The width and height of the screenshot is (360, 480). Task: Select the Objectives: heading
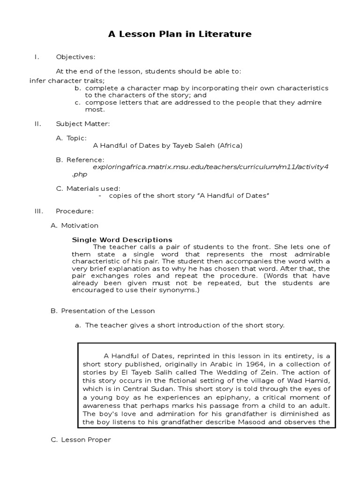point(75,57)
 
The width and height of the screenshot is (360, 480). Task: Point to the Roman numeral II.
point(38,124)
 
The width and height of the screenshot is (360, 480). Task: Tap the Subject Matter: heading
point(83,124)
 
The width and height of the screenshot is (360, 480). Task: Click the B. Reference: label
point(80,160)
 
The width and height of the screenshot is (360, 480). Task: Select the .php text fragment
point(80,174)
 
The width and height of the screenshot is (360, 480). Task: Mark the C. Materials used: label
point(88,188)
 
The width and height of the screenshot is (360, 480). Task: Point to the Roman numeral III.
point(39,211)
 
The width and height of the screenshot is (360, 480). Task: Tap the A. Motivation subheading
point(75,225)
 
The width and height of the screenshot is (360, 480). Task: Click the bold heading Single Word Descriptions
point(122,240)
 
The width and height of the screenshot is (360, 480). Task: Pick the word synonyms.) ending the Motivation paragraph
point(180,290)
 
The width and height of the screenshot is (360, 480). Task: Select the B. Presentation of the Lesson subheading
point(103,311)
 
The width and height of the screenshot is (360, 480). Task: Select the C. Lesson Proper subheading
point(80,440)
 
